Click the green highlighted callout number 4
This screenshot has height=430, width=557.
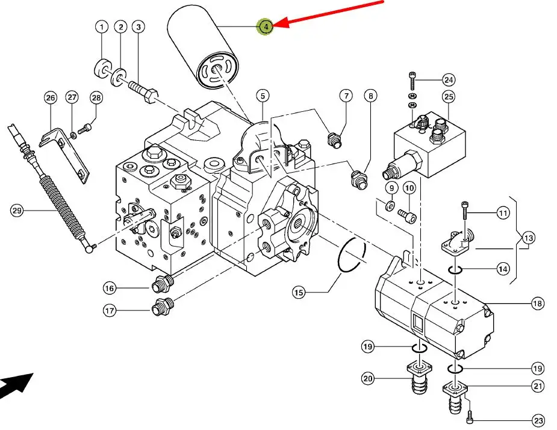tap(266, 26)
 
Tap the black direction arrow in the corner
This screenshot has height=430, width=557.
tap(16, 385)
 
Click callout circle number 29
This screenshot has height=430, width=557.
tap(17, 210)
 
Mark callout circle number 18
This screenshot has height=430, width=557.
tap(538, 304)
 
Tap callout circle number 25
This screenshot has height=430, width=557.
tap(449, 97)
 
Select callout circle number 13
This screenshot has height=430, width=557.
tap(527, 238)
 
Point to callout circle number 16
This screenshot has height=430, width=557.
tap(109, 289)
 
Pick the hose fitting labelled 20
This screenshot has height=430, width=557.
tap(417, 378)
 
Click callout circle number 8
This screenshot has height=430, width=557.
tap(370, 96)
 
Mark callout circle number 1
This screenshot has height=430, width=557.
tap(101, 27)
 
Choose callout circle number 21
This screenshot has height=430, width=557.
tap(538, 387)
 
